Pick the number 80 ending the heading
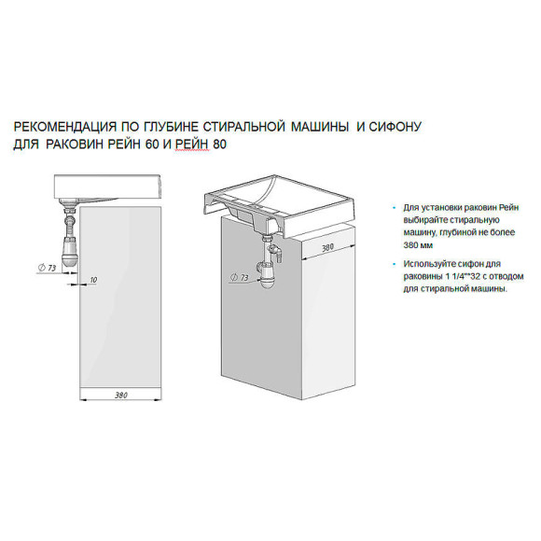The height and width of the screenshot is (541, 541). (220, 145)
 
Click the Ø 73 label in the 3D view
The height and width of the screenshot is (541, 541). (238, 278)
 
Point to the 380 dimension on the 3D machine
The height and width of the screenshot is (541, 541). (328, 248)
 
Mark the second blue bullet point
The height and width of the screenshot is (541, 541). (397, 265)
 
